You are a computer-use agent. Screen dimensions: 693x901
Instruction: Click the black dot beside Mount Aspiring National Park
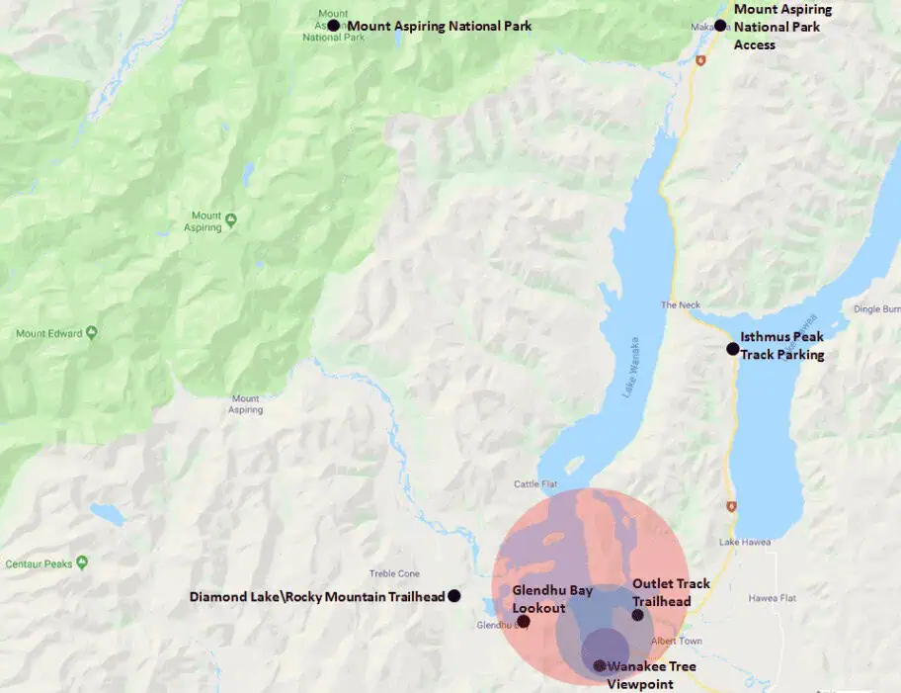[x=334, y=26]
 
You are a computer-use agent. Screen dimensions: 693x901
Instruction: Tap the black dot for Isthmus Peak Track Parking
[x=732, y=348]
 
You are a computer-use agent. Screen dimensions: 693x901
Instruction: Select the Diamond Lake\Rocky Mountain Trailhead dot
[x=453, y=596]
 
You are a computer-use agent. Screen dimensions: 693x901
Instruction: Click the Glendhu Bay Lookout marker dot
[x=524, y=622]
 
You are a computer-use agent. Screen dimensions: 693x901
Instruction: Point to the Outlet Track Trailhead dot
[x=638, y=615]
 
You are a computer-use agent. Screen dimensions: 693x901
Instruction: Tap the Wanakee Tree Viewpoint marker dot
[x=600, y=665]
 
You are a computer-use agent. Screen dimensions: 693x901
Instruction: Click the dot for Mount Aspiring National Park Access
[x=720, y=25]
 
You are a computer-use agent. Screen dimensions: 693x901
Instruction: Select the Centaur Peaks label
[x=39, y=563]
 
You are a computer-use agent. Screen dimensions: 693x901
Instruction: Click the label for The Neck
[x=680, y=305]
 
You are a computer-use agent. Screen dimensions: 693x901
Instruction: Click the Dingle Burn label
[x=876, y=309]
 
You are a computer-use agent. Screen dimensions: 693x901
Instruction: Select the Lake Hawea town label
[x=743, y=542]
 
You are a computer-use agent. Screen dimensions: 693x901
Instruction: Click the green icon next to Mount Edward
[x=92, y=333]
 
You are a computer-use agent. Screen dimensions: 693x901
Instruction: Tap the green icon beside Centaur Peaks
[x=81, y=563]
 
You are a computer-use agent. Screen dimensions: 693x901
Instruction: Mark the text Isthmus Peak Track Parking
[x=781, y=346]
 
